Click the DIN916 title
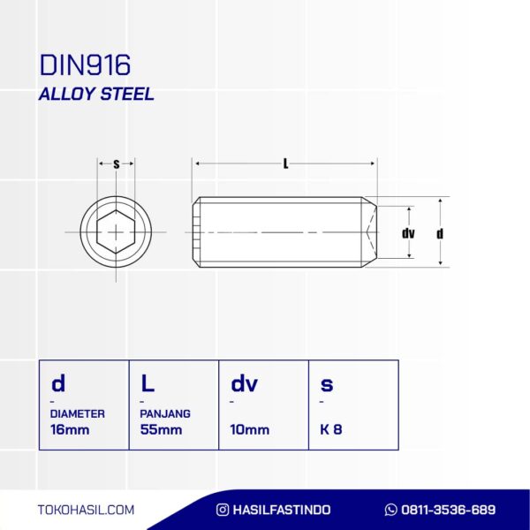click(85, 64)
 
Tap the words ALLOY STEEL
click(96, 94)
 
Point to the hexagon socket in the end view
click(116, 231)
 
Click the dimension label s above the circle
click(117, 164)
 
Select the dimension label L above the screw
click(285, 164)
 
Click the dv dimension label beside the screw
click(408, 233)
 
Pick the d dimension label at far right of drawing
click(440, 233)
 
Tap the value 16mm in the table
click(70, 429)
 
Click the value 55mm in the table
click(162, 429)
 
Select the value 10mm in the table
click(250, 429)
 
